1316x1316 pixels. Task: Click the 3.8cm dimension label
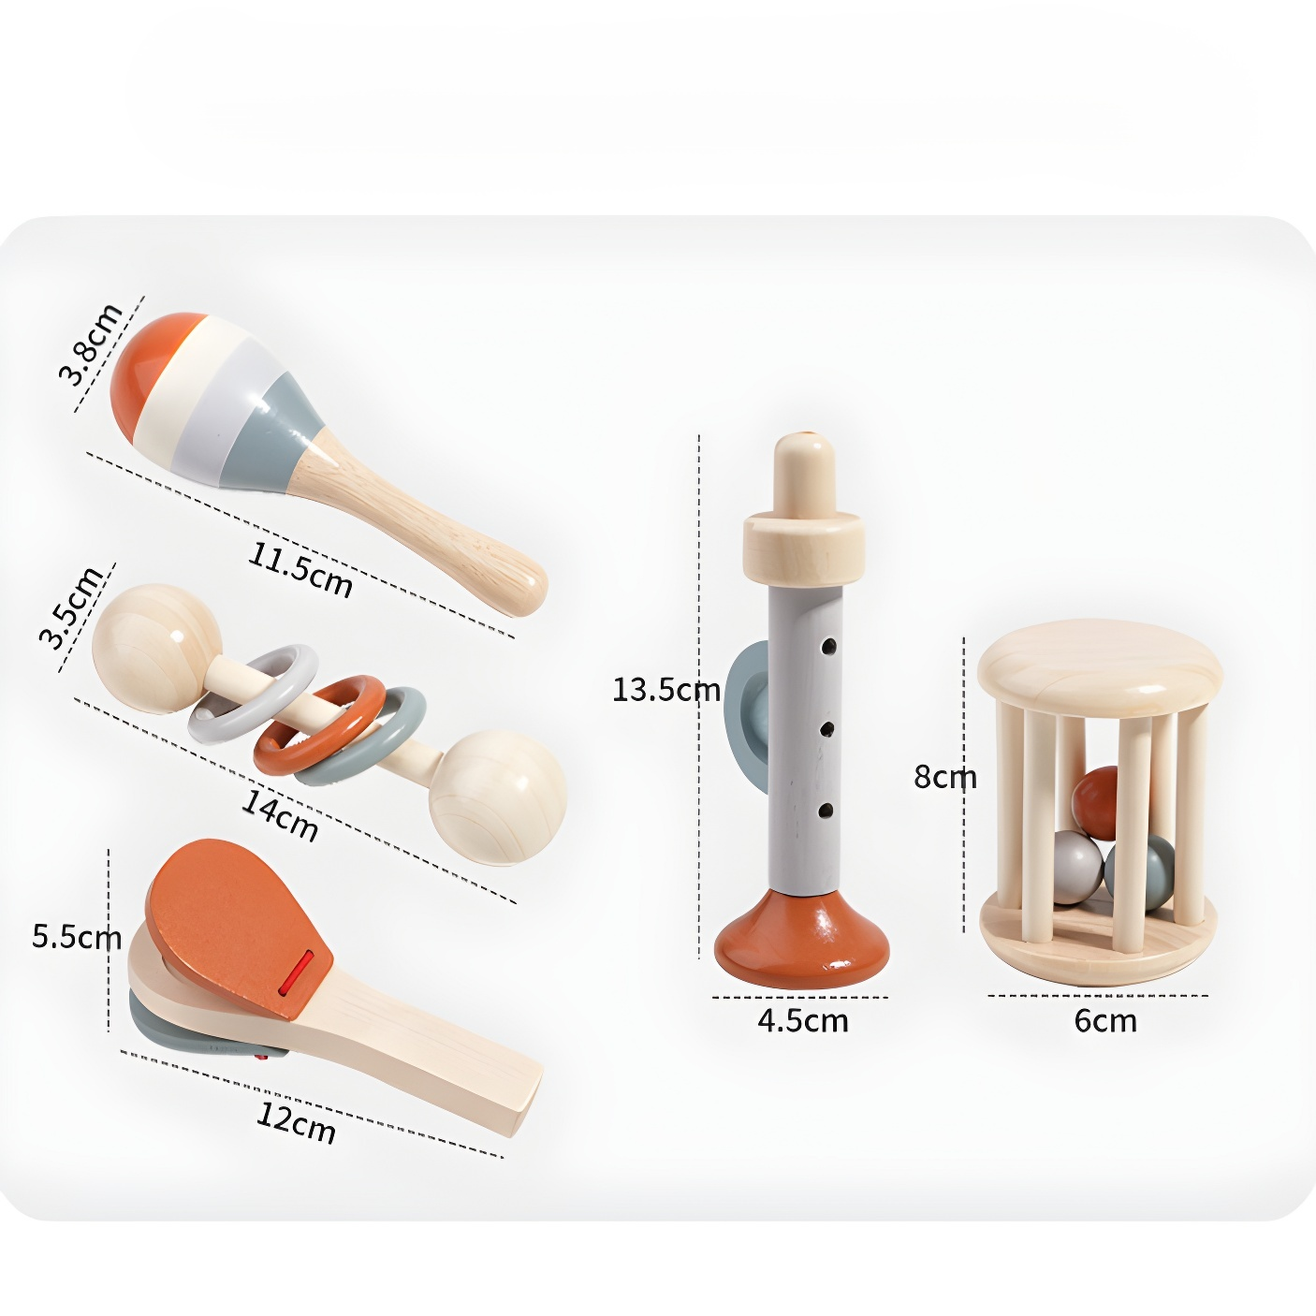(90, 344)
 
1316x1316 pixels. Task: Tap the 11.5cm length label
(300, 570)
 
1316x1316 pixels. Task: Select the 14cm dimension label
(279, 814)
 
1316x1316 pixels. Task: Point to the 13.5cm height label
(665, 690)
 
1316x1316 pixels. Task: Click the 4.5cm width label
(802, 1020)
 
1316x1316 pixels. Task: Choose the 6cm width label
(1105, 1020)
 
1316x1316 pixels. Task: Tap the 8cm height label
(945, 777)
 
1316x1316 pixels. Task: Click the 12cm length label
(296, 1123)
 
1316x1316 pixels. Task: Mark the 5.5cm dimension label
(77, 936)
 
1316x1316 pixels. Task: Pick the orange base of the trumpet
(802, 937)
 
